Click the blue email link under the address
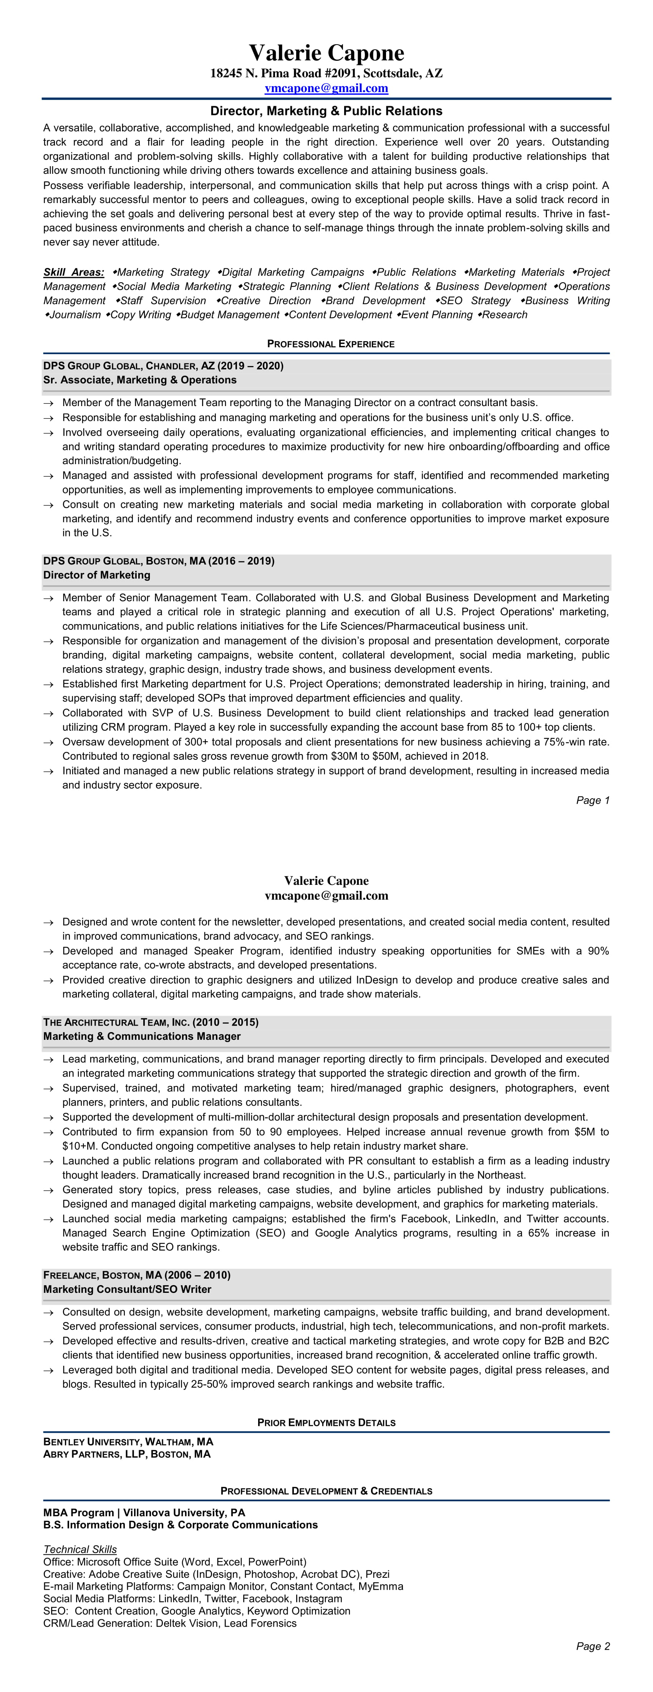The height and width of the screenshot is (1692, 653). pyautogui.click(x=326, y=88)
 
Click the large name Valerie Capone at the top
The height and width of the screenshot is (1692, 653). pyautogui.click(x=326, y=53)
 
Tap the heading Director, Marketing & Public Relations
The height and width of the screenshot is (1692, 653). pyautogui.click(x=326, y=111)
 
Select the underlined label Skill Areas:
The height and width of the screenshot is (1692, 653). pyautogui.click(x=73, y=272)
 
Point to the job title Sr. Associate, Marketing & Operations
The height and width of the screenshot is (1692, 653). pyautogui.click(x=140, y=380)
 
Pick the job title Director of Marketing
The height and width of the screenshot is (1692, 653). pyautogui.click(x=96, y=575)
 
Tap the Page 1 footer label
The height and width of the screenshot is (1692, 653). pyautogui.click(x=593, y=800)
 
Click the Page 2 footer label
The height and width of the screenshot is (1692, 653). pyautogui.click(x=593, y=1646)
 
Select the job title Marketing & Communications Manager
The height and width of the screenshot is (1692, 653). pyautogui.click(x=142, y=1036)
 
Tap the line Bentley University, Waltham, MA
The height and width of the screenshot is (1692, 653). pyautogui.click(x=128, y=1442)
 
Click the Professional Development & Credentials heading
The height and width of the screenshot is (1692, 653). pyautogui.click(x=326, y=1491)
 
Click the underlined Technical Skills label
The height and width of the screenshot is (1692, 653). pyautogui.click(x=80, y=1549)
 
